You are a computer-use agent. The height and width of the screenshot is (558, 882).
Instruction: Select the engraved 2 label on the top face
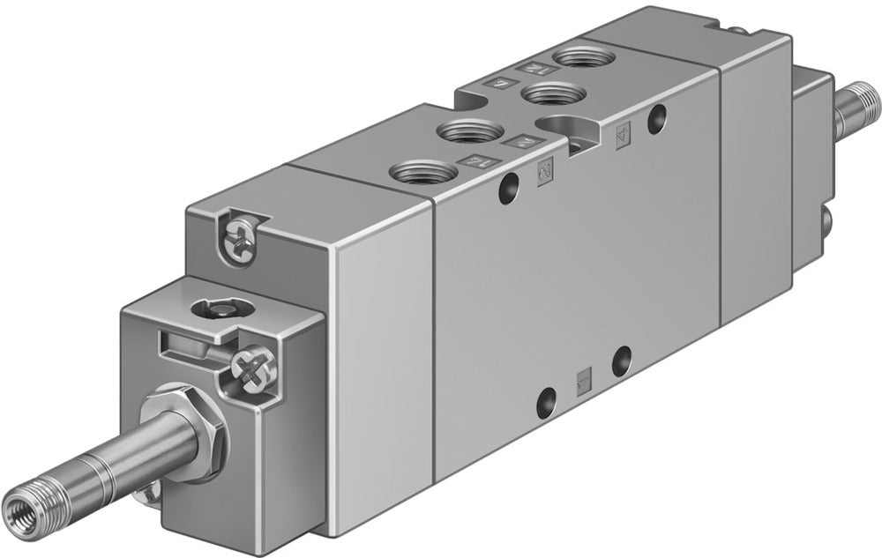(521, 140)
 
